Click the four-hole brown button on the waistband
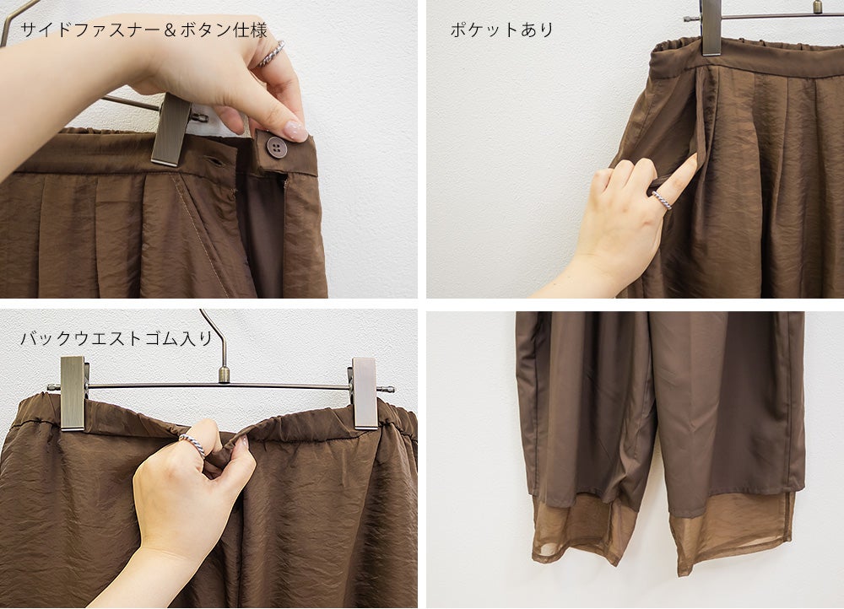point(277,147)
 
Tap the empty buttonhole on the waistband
point(216,161)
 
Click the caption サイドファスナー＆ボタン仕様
point(143,30)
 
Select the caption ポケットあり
point(501,30)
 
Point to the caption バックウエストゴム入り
point(116,338)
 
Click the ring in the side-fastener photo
point(271,54)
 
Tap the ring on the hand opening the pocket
point(662,200)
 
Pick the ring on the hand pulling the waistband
point(192,445)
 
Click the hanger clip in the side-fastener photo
point(171,130)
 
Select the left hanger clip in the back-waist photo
point(73,393)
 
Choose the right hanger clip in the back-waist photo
point(365,393)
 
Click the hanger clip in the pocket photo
point(711,28)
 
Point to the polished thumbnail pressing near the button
point(295,132)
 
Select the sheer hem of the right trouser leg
point(732,531)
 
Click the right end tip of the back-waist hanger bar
point(393,390)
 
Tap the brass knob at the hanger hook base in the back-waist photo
point(224,375)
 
